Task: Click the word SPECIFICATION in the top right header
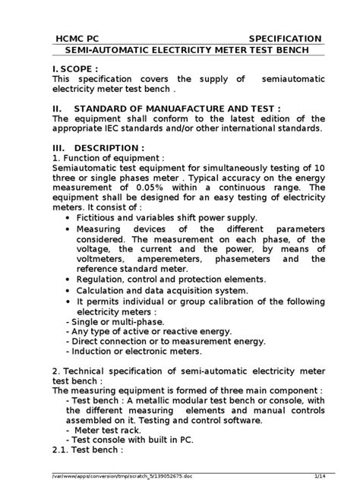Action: point(285,39)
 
